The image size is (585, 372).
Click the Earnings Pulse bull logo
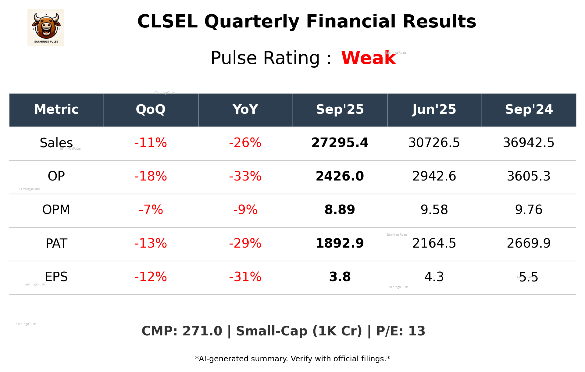[x=46, y=27]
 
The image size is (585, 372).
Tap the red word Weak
[x=368, y=58]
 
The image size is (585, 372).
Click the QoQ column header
[x=151, y=109]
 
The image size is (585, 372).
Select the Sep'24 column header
[x=529, y=109]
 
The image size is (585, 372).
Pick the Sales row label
[x=56, y=143]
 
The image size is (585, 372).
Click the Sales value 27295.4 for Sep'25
[x=340, y=143]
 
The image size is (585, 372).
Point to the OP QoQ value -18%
[x=151, y=176]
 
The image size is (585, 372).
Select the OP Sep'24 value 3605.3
[x=529, y=176]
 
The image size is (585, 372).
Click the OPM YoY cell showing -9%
[x=245, y=210]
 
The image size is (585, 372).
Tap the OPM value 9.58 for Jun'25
[x=434, y=210]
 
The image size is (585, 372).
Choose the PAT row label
[x=56, y=243]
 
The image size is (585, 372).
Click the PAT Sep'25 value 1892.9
[x=340, y=243]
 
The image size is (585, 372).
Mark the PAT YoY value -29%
[x=245, y=243]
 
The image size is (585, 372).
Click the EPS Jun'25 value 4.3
[x=434, y=277]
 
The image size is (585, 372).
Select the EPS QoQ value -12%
[x=151, y=277]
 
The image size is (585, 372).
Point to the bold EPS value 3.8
[x=340, y=277]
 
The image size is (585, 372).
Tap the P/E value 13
[x=416, y=331]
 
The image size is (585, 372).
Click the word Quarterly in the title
[x=252, y=22]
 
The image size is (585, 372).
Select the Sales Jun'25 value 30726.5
[x=434, y=143]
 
